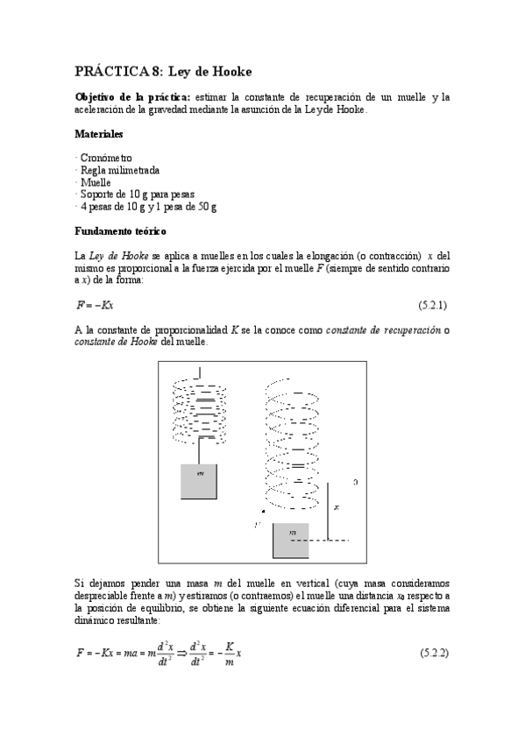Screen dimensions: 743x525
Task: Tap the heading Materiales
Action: pyautogui.click(x=98, y=135)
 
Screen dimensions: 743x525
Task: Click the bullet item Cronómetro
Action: pyautogui.click(x=109, y=158)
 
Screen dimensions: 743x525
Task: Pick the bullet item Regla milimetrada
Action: pyautogui.click(x=119, y=170)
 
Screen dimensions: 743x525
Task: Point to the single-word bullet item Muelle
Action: pyautogui.click(x=96, y=182)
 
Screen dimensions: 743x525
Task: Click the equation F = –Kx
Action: pyautogui.click(x=96, y=305)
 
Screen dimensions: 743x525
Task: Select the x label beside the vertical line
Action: pyautogui.click(x=337, y=507)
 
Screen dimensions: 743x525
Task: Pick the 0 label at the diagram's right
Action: pyautogui.click(x=354, y=481)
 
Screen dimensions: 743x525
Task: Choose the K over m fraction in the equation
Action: pyautogui.click(x=229, y=654)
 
